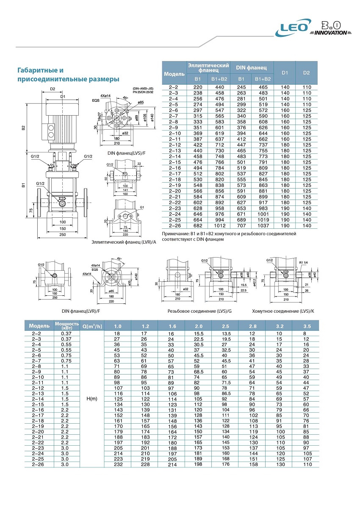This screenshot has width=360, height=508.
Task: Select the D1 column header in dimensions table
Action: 285,73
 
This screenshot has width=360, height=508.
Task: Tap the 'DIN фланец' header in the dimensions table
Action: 252,67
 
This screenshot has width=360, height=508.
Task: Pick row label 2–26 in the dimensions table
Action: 174,225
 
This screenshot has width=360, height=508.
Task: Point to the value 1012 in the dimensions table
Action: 220,225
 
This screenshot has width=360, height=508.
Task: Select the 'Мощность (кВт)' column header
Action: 67,326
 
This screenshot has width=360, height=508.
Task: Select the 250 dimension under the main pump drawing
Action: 63,234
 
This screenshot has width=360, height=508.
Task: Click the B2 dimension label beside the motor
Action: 24,127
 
